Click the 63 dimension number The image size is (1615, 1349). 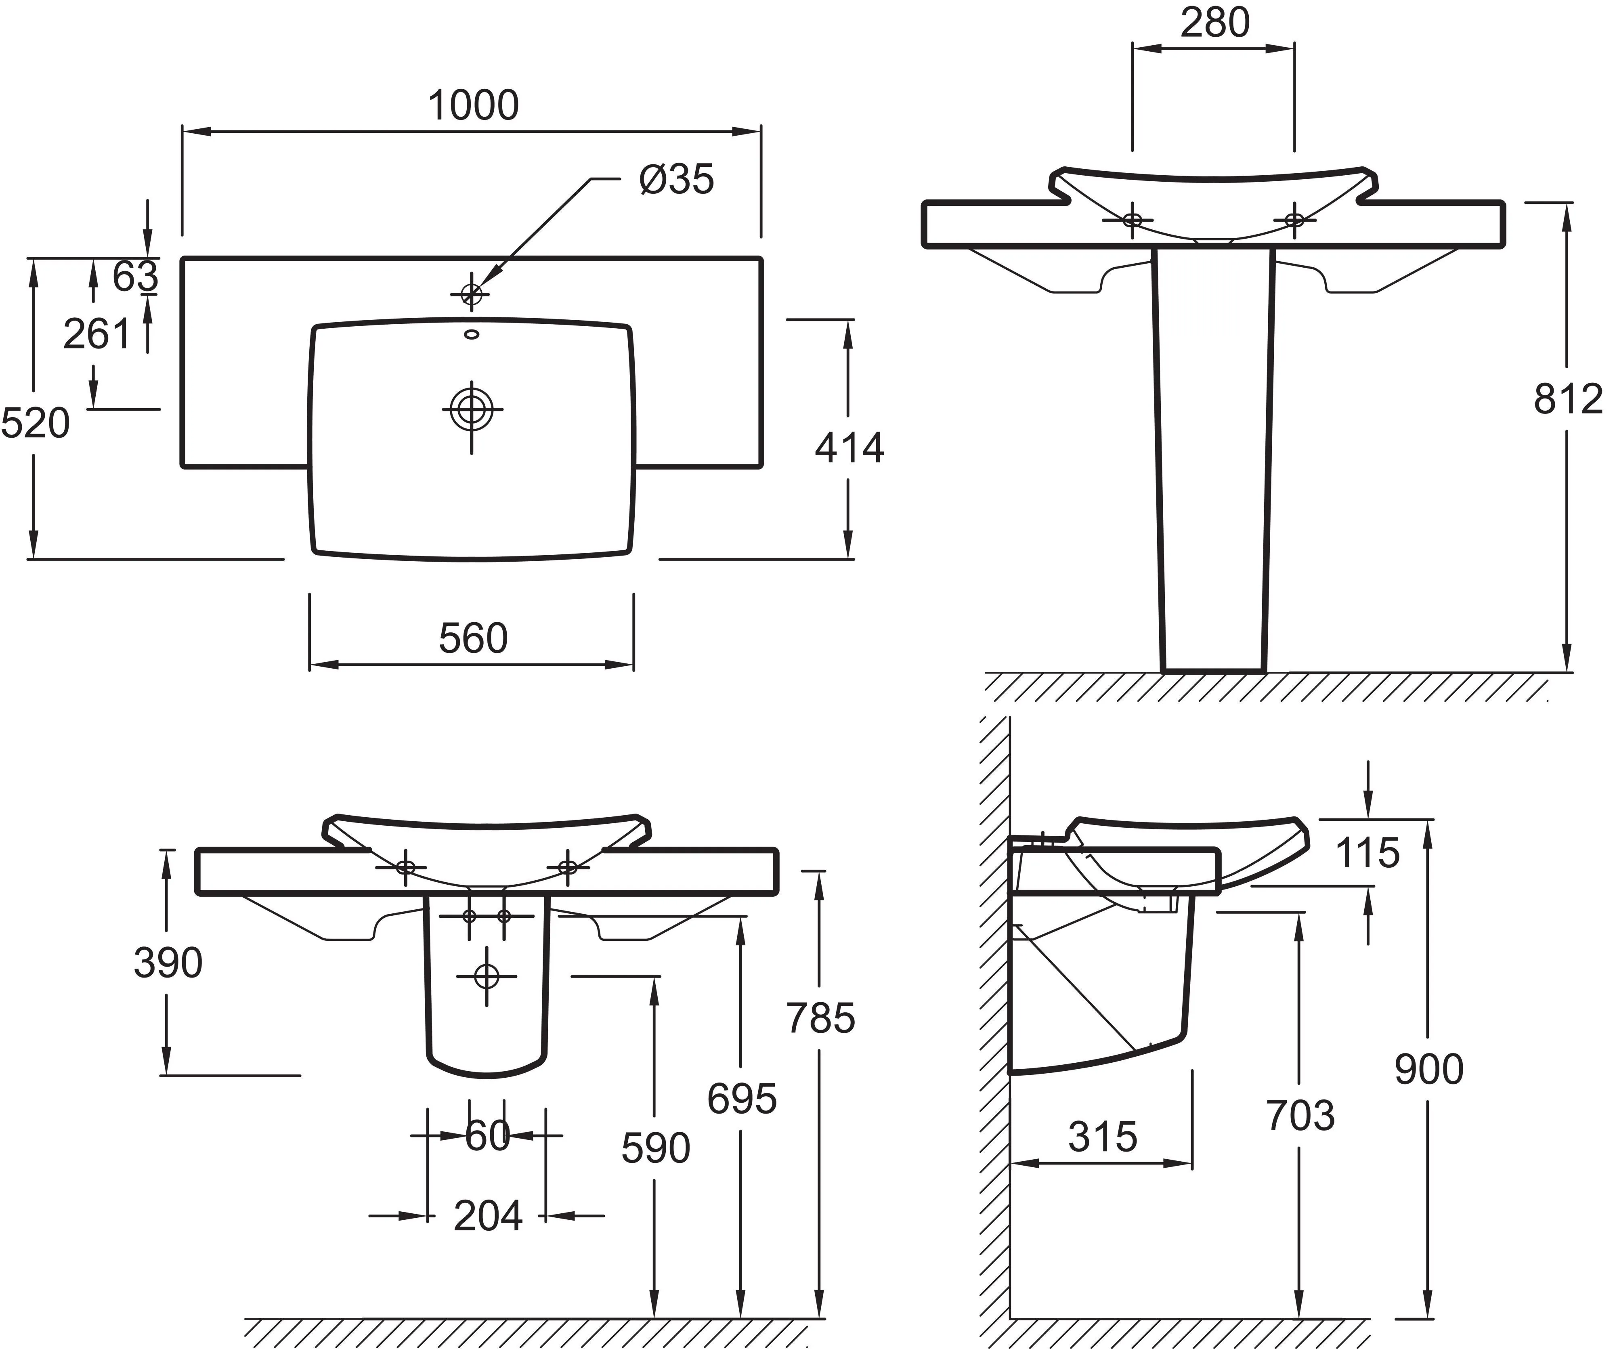(x=135, y=276)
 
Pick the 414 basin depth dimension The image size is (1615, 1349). (x=850, y=448)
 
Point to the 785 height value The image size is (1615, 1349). (x=820, y=1018)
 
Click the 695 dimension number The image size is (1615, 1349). (x=742, y=1098)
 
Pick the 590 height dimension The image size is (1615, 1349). (x=656, y=1148)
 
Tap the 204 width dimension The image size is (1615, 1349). (x=489, y=1216)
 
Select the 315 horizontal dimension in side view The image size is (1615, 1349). (x=1103, y=1136)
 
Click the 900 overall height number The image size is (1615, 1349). (x=1429, y=1069)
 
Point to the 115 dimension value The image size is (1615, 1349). (x=1368, y=852)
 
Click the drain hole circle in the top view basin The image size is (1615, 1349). (x=472, y=408)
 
